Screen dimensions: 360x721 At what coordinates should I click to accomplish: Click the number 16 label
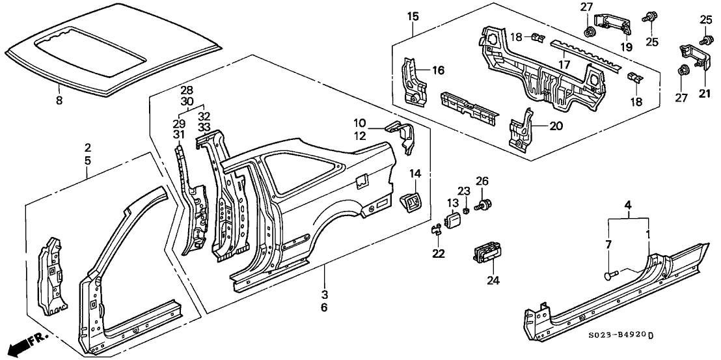click(x=439, y=70)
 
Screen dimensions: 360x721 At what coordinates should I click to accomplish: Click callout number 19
click(x=626, y=48)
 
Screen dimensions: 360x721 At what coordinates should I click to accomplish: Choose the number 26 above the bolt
click(x=482, y=180)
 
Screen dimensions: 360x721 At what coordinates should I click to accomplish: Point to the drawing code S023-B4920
click(x=614, y=335)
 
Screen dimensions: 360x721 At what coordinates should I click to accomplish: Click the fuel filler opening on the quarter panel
click(x=362, y=177)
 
